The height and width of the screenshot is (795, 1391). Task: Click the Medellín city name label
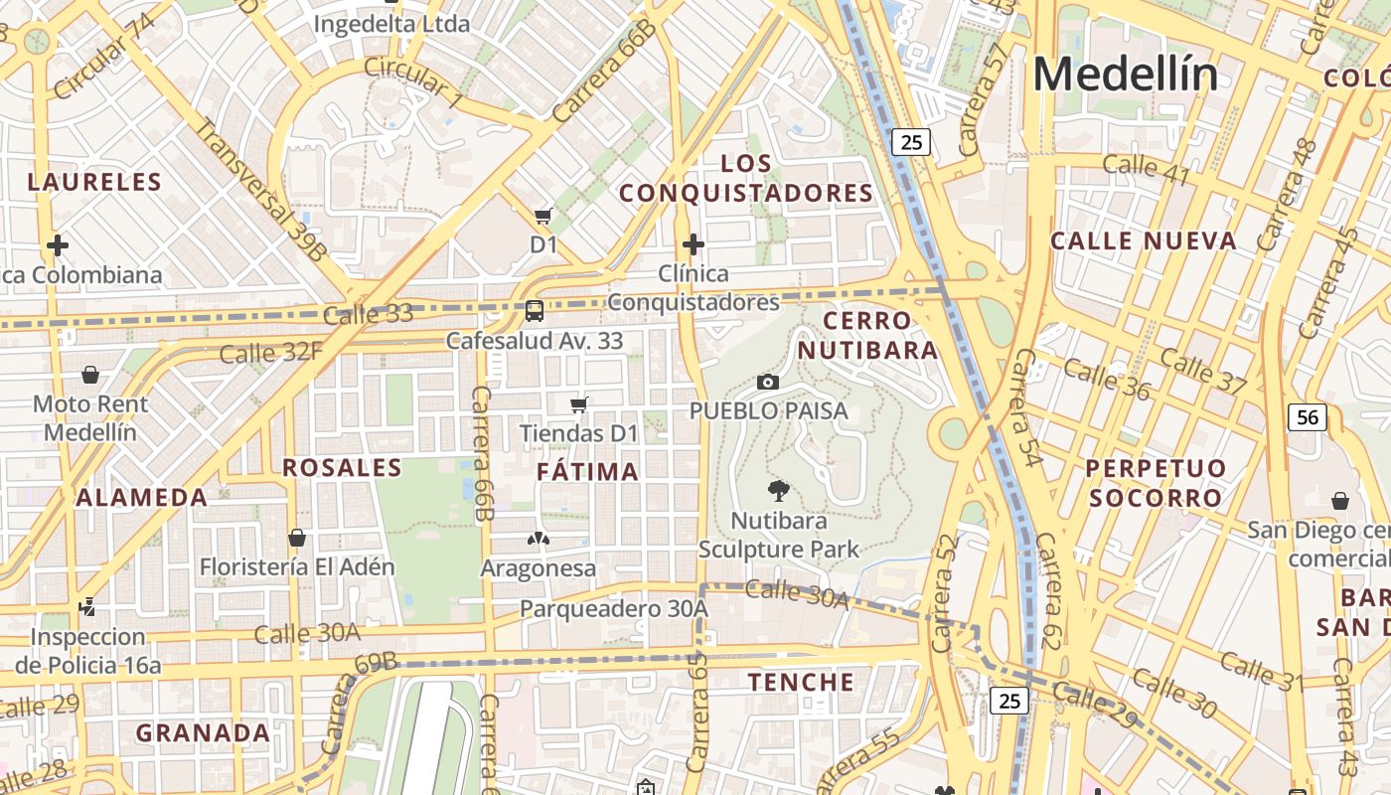pyautogui.click(x=1126, y=75)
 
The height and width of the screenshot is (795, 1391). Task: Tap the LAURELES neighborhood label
pyautogui.click(x=94, y=182)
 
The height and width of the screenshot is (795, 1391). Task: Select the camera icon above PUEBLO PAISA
pyautogui.click(x=767, y=382)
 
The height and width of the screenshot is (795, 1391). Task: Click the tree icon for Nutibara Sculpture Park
pyautogui.click(x=779, y=490)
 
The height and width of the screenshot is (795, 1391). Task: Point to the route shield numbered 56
pyautogui.click(x=1308, y=417)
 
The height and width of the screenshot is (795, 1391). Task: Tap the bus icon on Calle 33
pyautogui.click(x=535, y=311)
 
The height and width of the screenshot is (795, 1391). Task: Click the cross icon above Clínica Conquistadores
pyautogui.click(x=694, y=243)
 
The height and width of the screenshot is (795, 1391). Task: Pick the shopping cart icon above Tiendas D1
pyautogui.click(x=579, y=404)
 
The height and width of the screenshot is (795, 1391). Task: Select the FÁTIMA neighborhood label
pyautogui.click(x=588, y=472)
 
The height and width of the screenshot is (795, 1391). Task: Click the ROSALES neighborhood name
pyautogui.click(x=342, y=468)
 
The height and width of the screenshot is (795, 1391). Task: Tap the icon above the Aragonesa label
pyautogui.click(x=538, y=539)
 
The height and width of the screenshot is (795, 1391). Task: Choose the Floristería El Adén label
pyautogui.click(x=297, y=567)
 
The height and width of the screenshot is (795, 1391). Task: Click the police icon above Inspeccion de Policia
pyautogui.click(x=87, y=606)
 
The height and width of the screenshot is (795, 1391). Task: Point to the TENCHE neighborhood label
pyautogui.click(x=801, y=682)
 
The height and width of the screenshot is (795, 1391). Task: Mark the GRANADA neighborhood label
pyautogui.click(x=203, y=733)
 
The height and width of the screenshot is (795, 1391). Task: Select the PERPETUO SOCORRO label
pyautogui.click(x=1156, y=483)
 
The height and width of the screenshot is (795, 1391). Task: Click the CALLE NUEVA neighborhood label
pyautogui.click(x=1144, y=240)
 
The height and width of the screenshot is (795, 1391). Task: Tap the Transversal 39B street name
pyautogui.click(x=260, y=190)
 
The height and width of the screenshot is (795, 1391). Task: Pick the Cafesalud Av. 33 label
pyautogui.click(x=535, y=341)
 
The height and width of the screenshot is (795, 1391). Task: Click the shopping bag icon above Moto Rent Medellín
pyautogui.click(x=90, y=375)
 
